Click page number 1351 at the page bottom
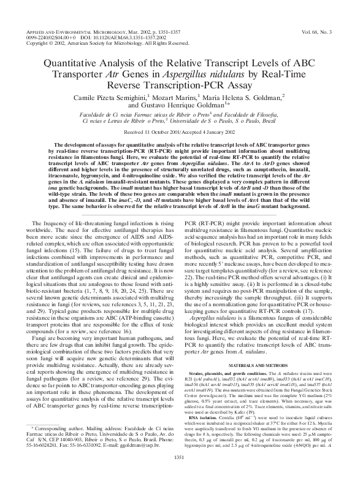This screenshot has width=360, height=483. (180, 474)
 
